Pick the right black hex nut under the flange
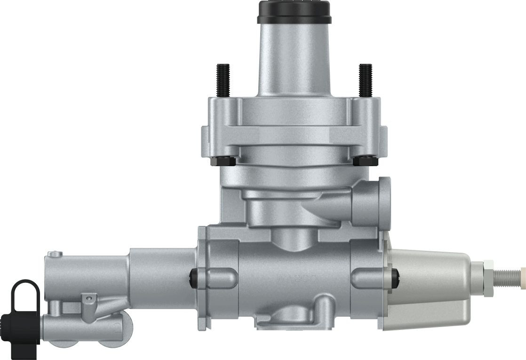[x=365, y=161]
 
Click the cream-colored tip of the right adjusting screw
[x=521, y=273]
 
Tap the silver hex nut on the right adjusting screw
[x=487, y=272]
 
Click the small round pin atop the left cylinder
[x=56, y=255]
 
